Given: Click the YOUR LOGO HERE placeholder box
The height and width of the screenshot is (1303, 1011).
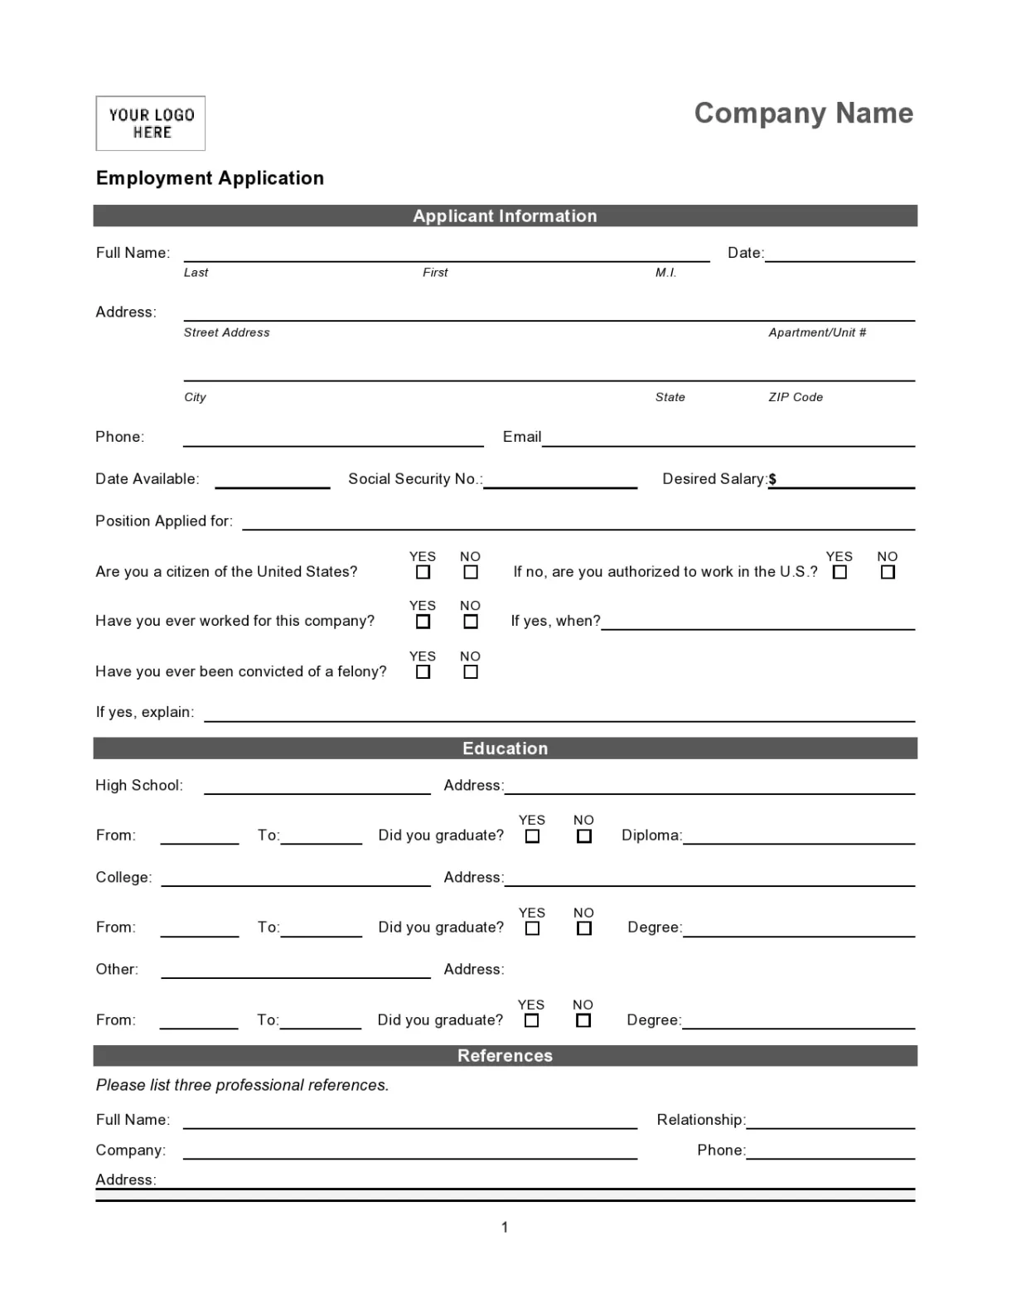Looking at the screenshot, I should (x=150, y=124).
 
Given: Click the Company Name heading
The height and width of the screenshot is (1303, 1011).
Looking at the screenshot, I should (x=803, y=113).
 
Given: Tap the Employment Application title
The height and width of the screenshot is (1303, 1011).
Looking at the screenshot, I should (x=210, y=178).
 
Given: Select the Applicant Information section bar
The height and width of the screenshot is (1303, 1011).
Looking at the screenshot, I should (x=505, y=216).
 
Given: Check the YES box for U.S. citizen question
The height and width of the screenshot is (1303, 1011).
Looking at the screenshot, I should (x=423, y=572).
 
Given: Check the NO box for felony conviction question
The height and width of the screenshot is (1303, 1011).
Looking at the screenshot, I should (x=471, y=672).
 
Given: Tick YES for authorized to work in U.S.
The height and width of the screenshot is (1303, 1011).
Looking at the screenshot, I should (x=839, y=572).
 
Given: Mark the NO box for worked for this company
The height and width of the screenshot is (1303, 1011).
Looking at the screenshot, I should (x=471, y=622).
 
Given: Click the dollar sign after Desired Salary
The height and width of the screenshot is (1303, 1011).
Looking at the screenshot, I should (x=772, y=479).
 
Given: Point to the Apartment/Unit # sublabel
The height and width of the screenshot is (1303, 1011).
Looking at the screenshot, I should (x=817, y=332).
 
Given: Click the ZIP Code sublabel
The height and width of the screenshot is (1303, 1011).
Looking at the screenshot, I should (x=796, y=397).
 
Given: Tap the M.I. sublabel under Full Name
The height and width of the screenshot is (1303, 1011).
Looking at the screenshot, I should (x=665, y=273).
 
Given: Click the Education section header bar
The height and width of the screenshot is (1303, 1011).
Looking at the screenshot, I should (x=505, y=748).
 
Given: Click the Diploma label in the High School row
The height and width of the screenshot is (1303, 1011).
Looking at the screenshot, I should (x=651, y=836).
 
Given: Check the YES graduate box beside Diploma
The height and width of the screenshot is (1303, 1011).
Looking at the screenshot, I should (x=532, y=836).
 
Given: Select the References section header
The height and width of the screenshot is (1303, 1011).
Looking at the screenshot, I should (x=505, y=1055).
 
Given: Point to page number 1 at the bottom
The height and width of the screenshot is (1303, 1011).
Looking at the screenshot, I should (x=505, y=1228).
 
